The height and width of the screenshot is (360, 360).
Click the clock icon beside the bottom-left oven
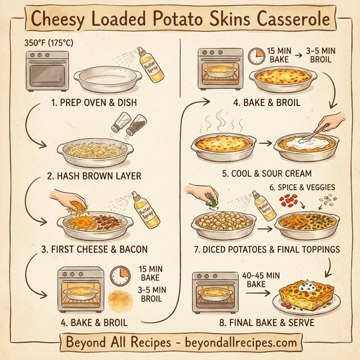[x=121, y=275]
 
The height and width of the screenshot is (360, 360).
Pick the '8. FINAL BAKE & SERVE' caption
[x=258, y=322]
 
